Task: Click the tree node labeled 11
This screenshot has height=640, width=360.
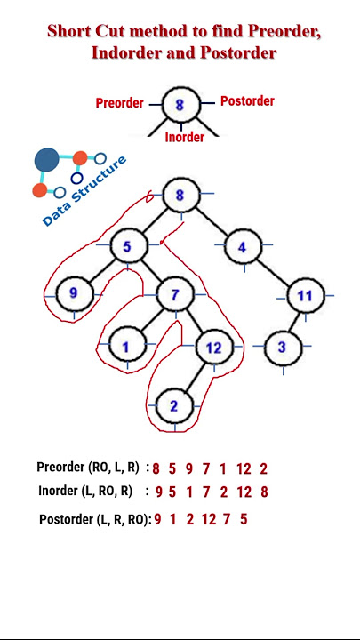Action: click(306, 295)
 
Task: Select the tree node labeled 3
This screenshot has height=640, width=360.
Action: click(283, 348)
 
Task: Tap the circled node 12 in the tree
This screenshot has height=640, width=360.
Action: click(215, 347)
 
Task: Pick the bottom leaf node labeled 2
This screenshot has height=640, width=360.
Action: click(174, 406)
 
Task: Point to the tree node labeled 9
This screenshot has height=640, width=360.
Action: click(74, 293)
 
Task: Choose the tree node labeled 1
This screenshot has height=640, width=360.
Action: click(127, 347)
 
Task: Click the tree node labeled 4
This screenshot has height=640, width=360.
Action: click(243, 247)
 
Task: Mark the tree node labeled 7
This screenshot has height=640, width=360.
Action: click(176, 294)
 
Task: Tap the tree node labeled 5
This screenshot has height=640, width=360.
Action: click(128, 246)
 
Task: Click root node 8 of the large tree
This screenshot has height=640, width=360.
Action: click(181, 195)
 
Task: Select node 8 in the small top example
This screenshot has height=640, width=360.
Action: click(181, 105)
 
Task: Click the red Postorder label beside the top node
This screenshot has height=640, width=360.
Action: click(247, 100)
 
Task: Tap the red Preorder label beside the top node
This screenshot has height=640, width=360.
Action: click(120, 103)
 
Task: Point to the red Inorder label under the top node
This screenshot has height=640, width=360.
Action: click(185, 138)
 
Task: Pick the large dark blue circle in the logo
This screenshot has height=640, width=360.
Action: click(46, 160)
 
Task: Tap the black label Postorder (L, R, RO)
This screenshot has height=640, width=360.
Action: click(95, 520)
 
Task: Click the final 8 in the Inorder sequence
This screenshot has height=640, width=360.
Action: click(264, 492)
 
